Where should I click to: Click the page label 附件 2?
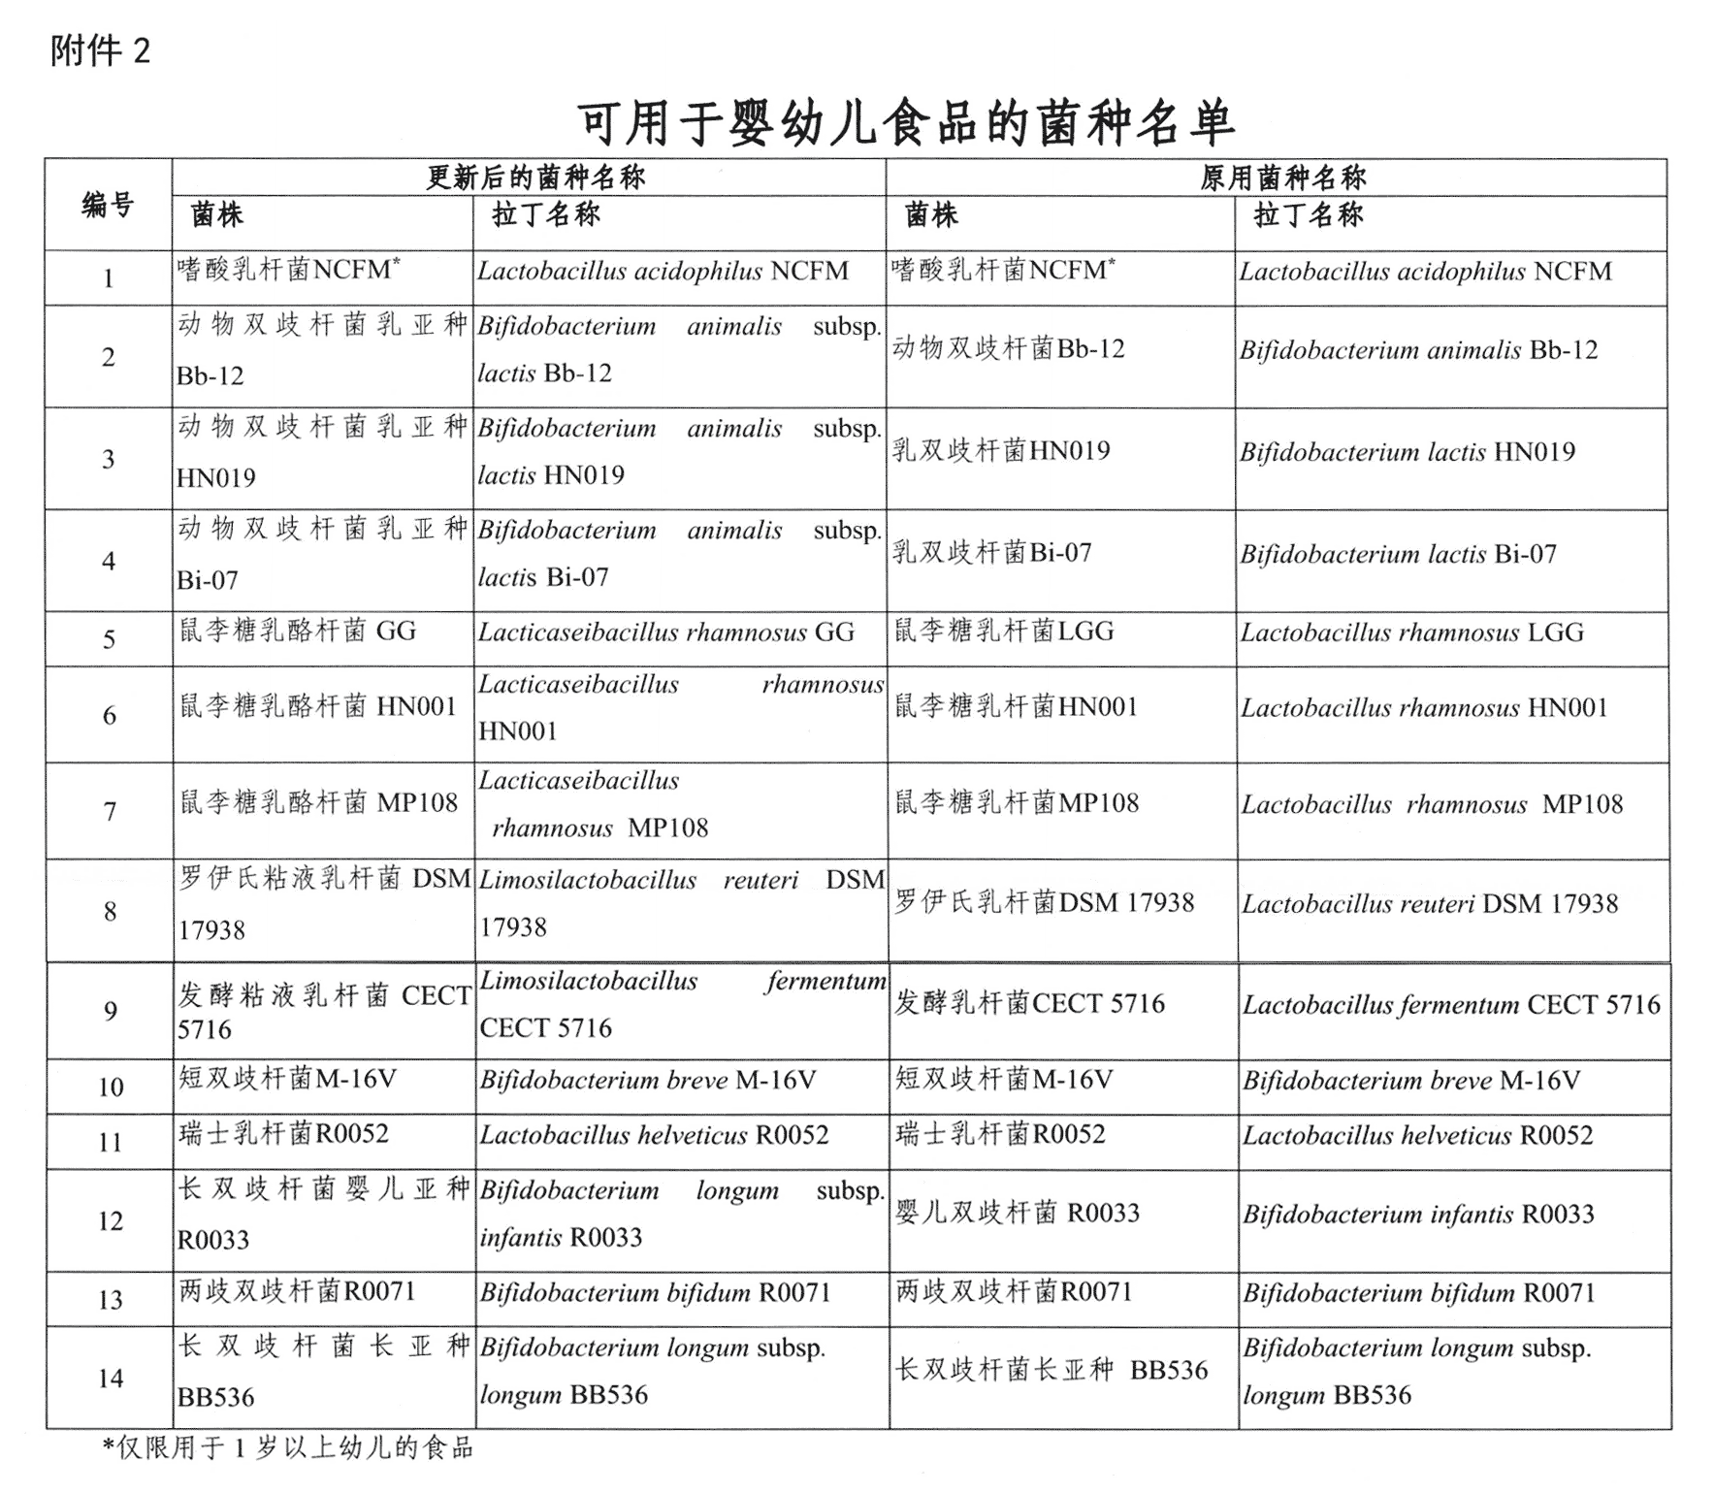pyautogui.click(x=100, y=50)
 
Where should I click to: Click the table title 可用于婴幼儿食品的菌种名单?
pyautogui.click(x=906, y=123)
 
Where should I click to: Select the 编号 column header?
pyautogui.click(x=108, y=205)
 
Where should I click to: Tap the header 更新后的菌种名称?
pyautogui.click(x=535, y=178)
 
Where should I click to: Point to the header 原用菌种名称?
pyautogui.click(x=1282, y=178)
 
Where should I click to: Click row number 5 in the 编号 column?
pyautogui.click(x=110, y=639)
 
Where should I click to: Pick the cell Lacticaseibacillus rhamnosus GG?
pyautogui.click(x=665, y=633)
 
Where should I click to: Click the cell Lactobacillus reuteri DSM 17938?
pyautogui.click(x=1430, y=904)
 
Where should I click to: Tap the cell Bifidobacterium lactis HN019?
pyautogui.click(x=1407, y=452)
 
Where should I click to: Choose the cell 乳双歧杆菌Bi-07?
pyautogui.click(x=991, y=553)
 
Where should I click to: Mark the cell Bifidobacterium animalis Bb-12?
pyautogui.click(x=1418, y=350)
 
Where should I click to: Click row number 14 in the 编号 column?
pyautogui.click(x=111, y=1379)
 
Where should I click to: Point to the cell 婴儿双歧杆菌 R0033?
pyautogui.click(x=1017, y=1213)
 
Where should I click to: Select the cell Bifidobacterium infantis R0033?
pyautogui.click(x=1418, y=1215)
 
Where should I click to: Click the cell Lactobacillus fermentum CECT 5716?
pyautogui.click(x=1451, y=1005)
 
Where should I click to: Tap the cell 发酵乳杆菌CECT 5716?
pyautogui.click(x=1028, y=1003)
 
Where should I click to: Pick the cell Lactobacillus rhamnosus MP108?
pyautogui.click(x=1432, y=804)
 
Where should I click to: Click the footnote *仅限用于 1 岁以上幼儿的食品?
pyautogui.click(x=288, y=1448)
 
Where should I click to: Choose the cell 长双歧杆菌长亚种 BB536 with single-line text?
pyautogui.click(x=1051, y=1371)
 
